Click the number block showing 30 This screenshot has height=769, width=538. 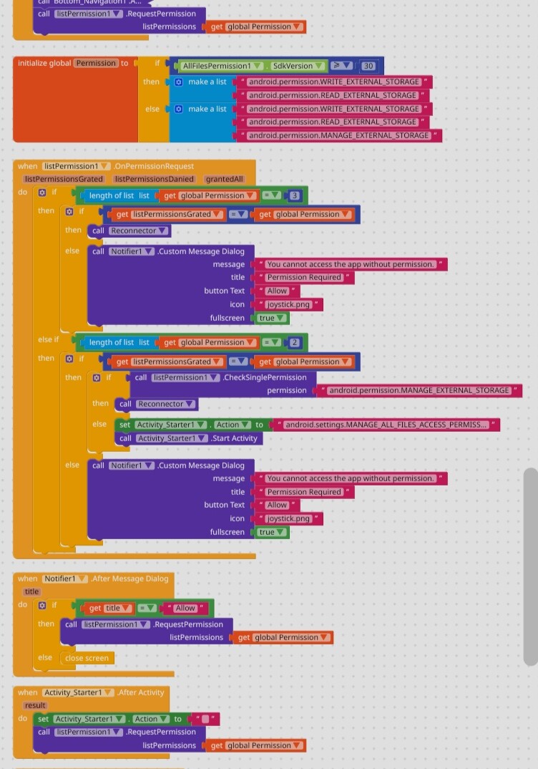pyautogui.click(x=368, y=66)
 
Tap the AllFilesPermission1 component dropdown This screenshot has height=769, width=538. pyautogui.click(x=221, y=66)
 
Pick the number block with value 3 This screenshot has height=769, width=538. pyautogui.click(x=295, y=195)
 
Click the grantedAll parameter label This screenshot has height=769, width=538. pyautogui.click(x=224, y=179)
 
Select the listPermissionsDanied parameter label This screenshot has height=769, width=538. pyautogui.click(x=154, y=179)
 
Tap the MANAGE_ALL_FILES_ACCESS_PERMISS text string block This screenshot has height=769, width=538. pyautogui.click(x=386, y=425)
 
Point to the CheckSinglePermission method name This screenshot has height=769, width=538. pyautogui.click(x=265, y=377)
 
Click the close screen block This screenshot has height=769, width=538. pyautogui.click(x=87, y=658)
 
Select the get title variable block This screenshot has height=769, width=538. pyautogui.click(x=109, y=608)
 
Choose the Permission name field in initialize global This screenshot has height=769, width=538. pyautogui.click(x=96, y=63)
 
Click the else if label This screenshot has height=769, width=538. pyautogui.click(x=49, y=339)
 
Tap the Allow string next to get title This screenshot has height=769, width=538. pyautogui.click(x=185, y=608)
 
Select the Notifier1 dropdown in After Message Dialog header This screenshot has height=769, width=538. pyautogui.click(x=64, y=579)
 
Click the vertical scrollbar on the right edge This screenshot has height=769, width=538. pyautogui.click(x=530, y=566)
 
